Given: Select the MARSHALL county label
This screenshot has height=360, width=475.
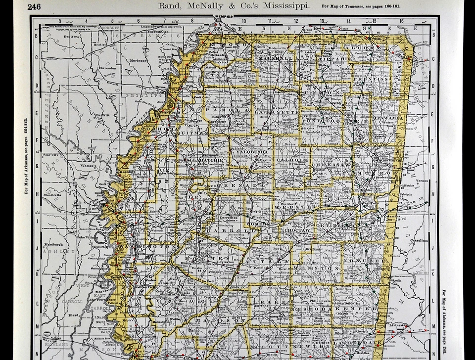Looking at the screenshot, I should [273, 58].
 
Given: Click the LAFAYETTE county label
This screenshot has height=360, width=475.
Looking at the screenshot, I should [277, 112].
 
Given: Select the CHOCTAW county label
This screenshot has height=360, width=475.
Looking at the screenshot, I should [297, 230].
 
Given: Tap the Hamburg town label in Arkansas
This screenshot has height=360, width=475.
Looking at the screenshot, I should [52, 244].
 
